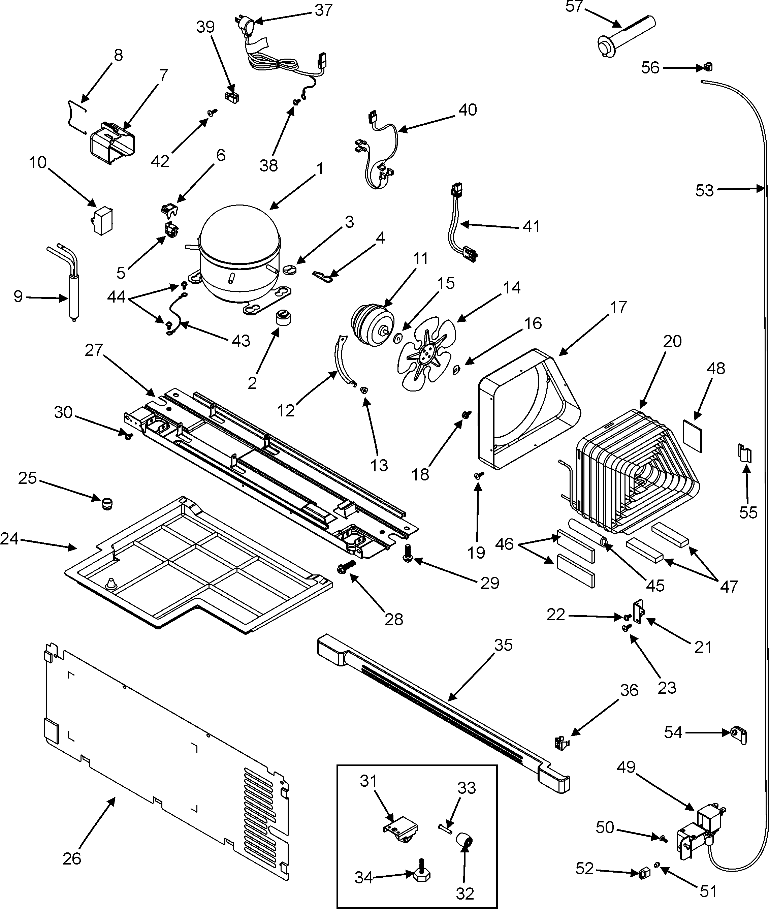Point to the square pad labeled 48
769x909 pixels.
(692, 436)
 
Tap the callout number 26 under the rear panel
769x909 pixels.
(72, 858)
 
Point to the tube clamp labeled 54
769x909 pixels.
(738, 734)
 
